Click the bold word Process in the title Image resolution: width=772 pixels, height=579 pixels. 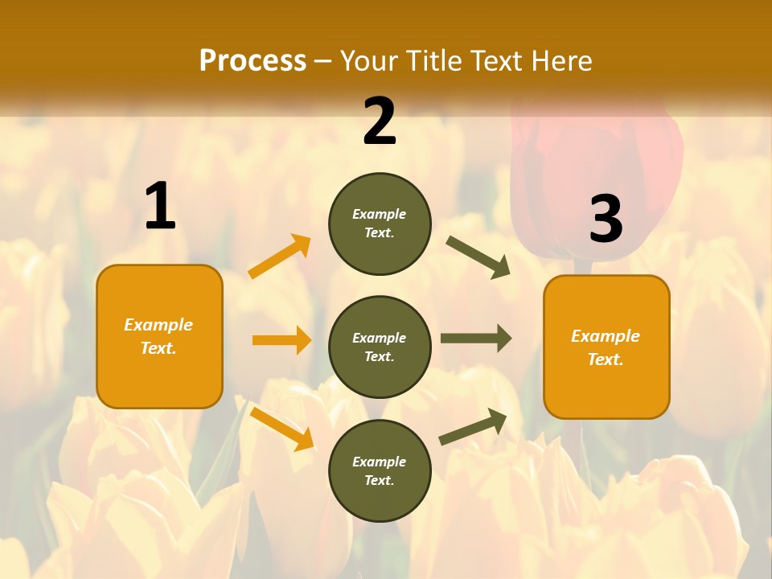pos(253,60)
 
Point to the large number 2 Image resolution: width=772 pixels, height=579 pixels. pos(380,121)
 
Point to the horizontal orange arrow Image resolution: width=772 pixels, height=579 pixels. pos(281,340)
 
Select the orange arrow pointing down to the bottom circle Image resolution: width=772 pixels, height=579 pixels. pos(281,429)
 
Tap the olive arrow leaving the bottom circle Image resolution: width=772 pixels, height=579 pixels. pos(474,426)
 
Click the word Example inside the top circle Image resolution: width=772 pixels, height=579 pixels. pos(380,214)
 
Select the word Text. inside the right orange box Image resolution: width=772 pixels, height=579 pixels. pos(606,359)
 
